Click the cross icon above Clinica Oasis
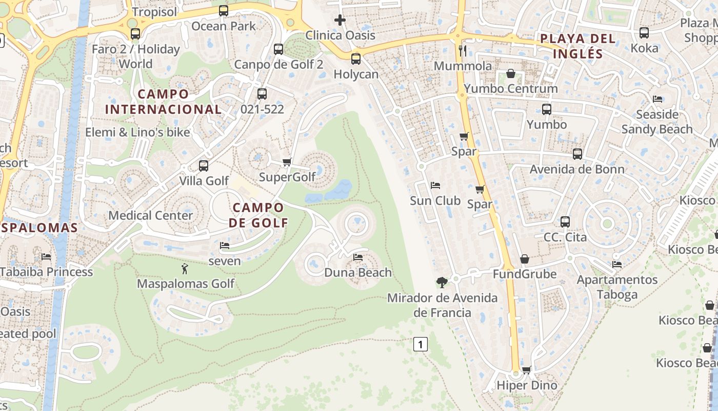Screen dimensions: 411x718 [x=340, y=21]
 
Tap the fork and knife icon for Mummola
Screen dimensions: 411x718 [x=463, y=50]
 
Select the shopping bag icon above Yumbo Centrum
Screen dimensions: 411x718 [x=511, y=73]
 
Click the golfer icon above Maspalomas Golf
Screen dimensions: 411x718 [x=185, y=268]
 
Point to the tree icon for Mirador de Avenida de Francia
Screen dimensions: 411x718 [x=442, y=282]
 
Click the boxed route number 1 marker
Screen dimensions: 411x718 [x=421, y=344]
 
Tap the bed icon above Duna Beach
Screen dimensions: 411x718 [x=358, y=257]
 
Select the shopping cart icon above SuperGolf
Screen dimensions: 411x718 [x=287, y=162]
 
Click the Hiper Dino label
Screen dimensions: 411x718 [x=527, y=385]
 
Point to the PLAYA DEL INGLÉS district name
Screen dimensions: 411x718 [x=577, y=46]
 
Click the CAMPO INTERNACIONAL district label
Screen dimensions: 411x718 [x=164, y=102]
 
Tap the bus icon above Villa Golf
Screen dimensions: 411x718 [x=204, y=166]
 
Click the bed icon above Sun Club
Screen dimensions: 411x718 [x=435, y=185]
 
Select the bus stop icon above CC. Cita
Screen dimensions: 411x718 [x=565, y=222]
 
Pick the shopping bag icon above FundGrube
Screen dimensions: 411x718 [x=524, y=259]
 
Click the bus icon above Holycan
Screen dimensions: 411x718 [x=356, y=59]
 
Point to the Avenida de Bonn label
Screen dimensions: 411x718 [x=577, y=169]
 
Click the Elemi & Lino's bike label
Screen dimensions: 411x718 [x=137, y=132]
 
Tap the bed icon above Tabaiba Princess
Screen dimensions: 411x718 [x=46, y=256]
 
